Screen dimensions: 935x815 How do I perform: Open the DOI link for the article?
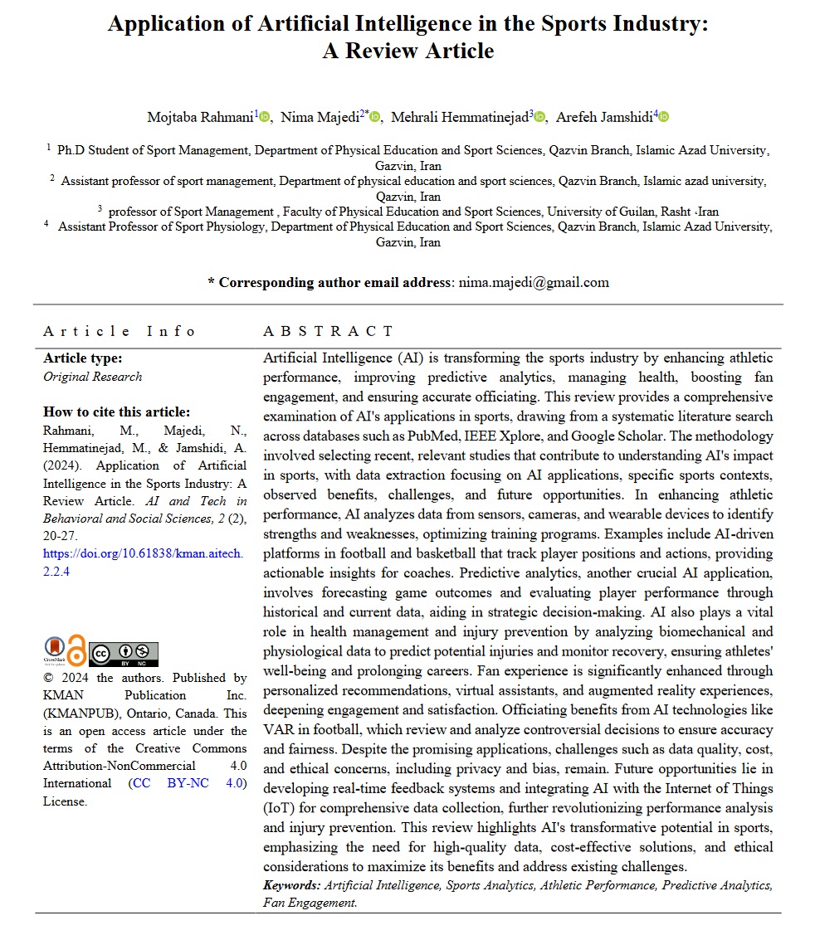pyautogui.click(x=144, y=562)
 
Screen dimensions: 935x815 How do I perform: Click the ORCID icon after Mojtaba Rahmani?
pyautogui.click(x=265, y=118)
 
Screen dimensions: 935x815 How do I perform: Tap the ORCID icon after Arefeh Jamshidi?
pyautogui.click(x=663, y=118)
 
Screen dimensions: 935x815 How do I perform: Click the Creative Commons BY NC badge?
pyautogui.click(x=123, y=654)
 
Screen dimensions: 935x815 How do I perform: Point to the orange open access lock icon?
pyautogui.click(x=76, y=650)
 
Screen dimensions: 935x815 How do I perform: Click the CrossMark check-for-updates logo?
pyautogui.click(x=54, y=650)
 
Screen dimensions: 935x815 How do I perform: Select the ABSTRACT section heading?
pyautogui.click(x=328, y=331)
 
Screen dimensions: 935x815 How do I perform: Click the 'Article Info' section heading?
pyautogui.click(x=120, y=331)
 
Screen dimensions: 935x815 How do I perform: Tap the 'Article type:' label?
pyautogui.click(x=82, y=358)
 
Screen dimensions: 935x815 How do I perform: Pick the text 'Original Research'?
pyautogui.click(x=92, y=377)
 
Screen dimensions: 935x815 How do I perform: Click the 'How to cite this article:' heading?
pyautogui.click(x=116, y=412)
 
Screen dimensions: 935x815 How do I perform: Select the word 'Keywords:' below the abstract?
pyautogui.click(x=291, y=885)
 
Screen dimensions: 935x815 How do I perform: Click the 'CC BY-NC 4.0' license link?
pyautogui.click(x=188, y=783)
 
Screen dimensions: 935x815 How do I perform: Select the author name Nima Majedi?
pyautogui.click(x=320, y=117)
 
